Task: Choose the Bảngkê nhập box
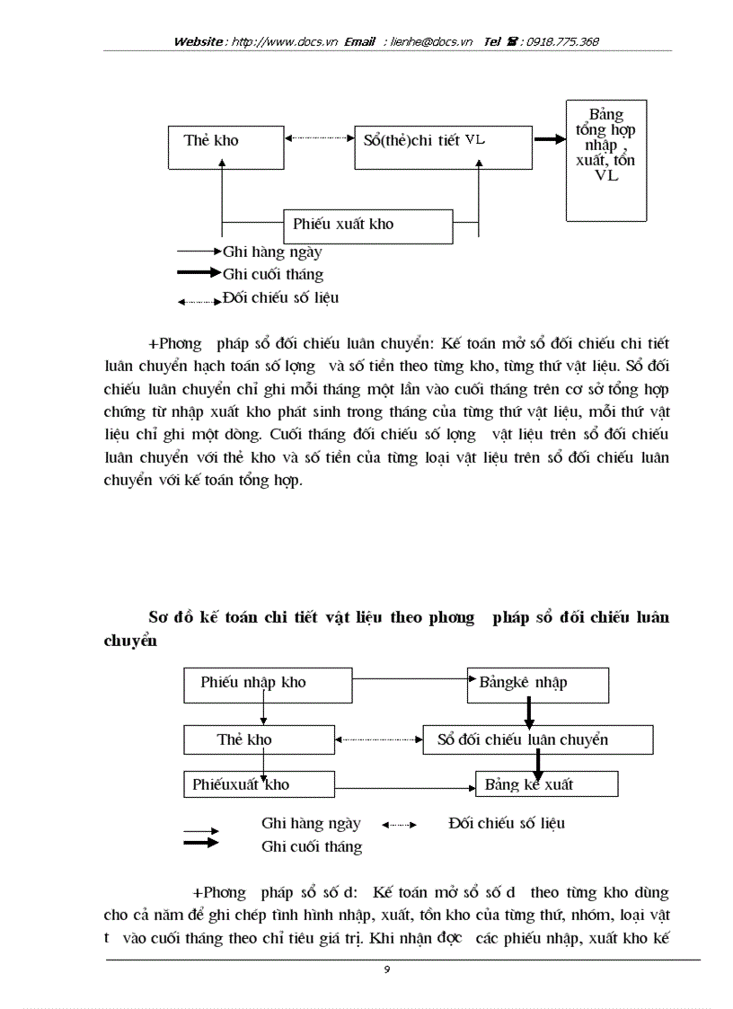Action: coord(537,684)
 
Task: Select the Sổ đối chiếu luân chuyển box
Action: coord(537,740)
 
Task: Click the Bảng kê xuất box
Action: coord(546,784)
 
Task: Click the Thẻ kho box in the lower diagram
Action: coord(258,740)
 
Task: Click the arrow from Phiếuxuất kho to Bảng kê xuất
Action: coord(404,788)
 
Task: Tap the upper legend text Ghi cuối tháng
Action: coord(273,275)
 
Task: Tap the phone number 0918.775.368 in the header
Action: coord(563,41)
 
